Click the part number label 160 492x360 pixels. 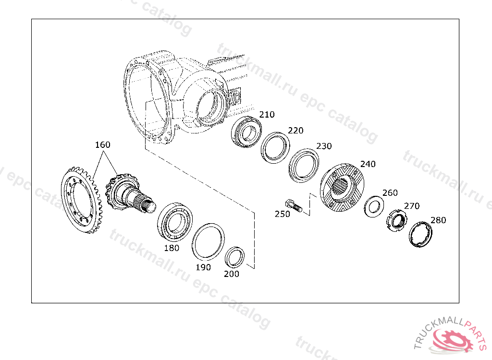103,144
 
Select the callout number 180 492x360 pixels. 172,248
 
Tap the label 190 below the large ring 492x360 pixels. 203,267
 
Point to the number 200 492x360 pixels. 232,274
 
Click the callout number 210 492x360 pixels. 267,114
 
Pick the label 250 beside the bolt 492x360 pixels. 283,214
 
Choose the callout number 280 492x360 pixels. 438,220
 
